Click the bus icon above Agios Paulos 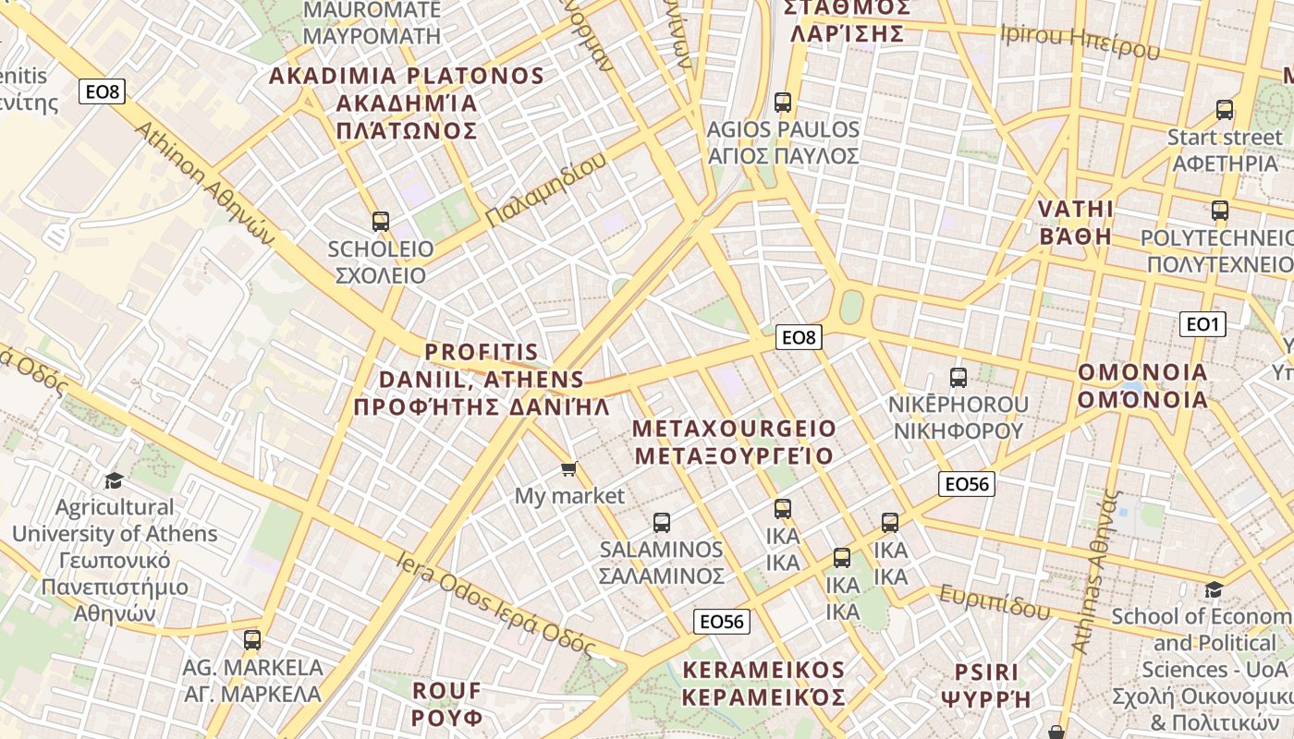point(783,102)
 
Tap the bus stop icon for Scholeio point(380,222)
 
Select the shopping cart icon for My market point(569,469)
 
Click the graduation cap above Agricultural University point(114,480)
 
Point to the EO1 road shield point(1202,324)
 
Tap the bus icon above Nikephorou point(958,377)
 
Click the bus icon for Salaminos point(661,523)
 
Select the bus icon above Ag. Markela point(251,639)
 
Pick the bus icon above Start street point(1225,110)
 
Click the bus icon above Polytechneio point(1219,211)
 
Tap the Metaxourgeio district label point(735,442)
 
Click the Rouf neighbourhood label point(447,704)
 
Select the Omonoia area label point(1143,386)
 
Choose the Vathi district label point(1076,222)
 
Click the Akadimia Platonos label point(407,103)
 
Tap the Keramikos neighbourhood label point(763,683)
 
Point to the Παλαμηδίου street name point(546,190)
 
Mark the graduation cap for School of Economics point(1214,589)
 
